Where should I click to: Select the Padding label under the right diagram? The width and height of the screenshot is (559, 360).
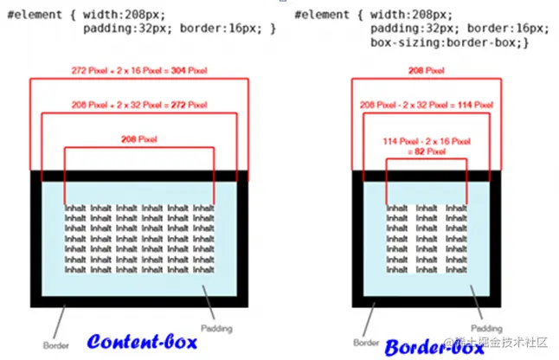click(x=487, y=329)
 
